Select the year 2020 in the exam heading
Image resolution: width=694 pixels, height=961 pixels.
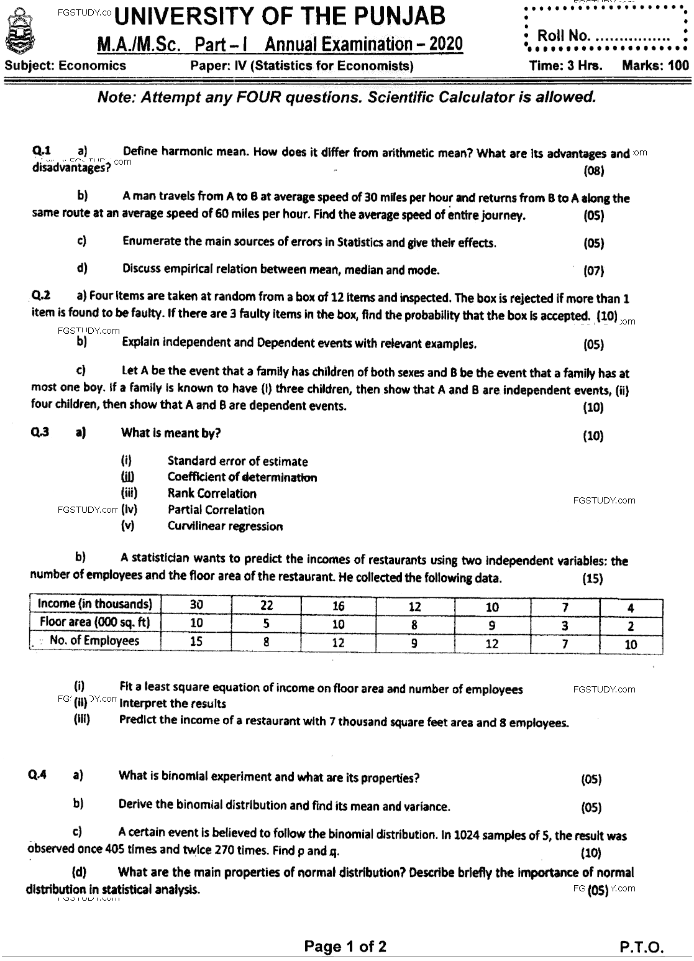(x=445, y=44)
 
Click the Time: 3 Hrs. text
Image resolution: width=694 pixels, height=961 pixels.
(x=565, y=66)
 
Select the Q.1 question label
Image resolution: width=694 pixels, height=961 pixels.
(x=42, y=150)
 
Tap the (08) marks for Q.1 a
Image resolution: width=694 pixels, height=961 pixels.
(x=594, y=170)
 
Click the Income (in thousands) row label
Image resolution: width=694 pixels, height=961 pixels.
(x=95, y=604)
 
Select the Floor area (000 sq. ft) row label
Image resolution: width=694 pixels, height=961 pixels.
(x=95, y=622)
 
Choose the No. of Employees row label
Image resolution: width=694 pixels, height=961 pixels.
(x=95, y=640)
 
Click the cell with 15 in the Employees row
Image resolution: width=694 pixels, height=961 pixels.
(x=196, y=641)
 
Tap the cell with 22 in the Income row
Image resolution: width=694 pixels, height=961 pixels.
(x=267, y=605)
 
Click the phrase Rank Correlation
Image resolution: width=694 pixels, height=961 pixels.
(x=212, y=494)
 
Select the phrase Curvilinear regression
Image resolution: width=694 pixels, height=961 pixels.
(x=225, y=526)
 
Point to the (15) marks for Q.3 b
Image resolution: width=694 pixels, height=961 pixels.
(x=593, y=579)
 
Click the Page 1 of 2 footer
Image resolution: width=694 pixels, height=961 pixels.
(x=345, y=946)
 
